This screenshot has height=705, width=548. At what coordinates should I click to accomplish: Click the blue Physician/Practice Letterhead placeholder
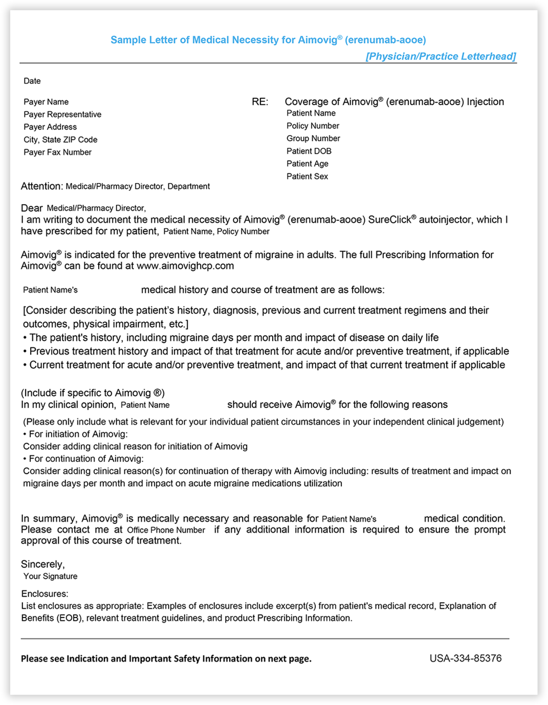click(x=441, y=56)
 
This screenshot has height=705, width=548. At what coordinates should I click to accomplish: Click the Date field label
click(x=32, y=81)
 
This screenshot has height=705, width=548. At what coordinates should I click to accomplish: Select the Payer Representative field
click(x=62, y=115)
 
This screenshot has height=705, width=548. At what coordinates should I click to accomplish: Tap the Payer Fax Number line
click(x=57, y=152)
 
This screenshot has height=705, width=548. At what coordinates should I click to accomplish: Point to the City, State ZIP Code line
click(x=60, y=140)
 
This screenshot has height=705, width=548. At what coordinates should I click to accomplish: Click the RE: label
click(x=260, y=102)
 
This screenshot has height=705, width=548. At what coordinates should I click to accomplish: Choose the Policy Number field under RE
click(x=313, y=126)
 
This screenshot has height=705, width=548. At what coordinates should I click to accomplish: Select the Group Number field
click(x=313, y=139)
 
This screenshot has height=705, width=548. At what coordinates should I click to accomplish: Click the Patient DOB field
click(x=309, y=151)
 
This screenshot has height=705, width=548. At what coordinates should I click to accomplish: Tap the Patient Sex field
click(x=307, y=177)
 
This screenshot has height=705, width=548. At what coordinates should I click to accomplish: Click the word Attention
click(x=41, y=186)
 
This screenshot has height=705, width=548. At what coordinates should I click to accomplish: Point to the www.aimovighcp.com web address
click(x=185, y=266)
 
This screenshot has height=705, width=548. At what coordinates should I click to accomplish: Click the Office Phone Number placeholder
click(x=166, y=530)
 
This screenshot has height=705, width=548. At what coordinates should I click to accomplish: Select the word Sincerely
click(x=42, y=564)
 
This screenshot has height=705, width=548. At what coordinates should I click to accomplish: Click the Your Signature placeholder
click(x=50, y=577)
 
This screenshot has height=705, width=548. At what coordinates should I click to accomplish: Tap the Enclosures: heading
click(x=45, y=594)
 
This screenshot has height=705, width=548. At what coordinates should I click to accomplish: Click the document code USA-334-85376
click(x=465, y=658)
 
